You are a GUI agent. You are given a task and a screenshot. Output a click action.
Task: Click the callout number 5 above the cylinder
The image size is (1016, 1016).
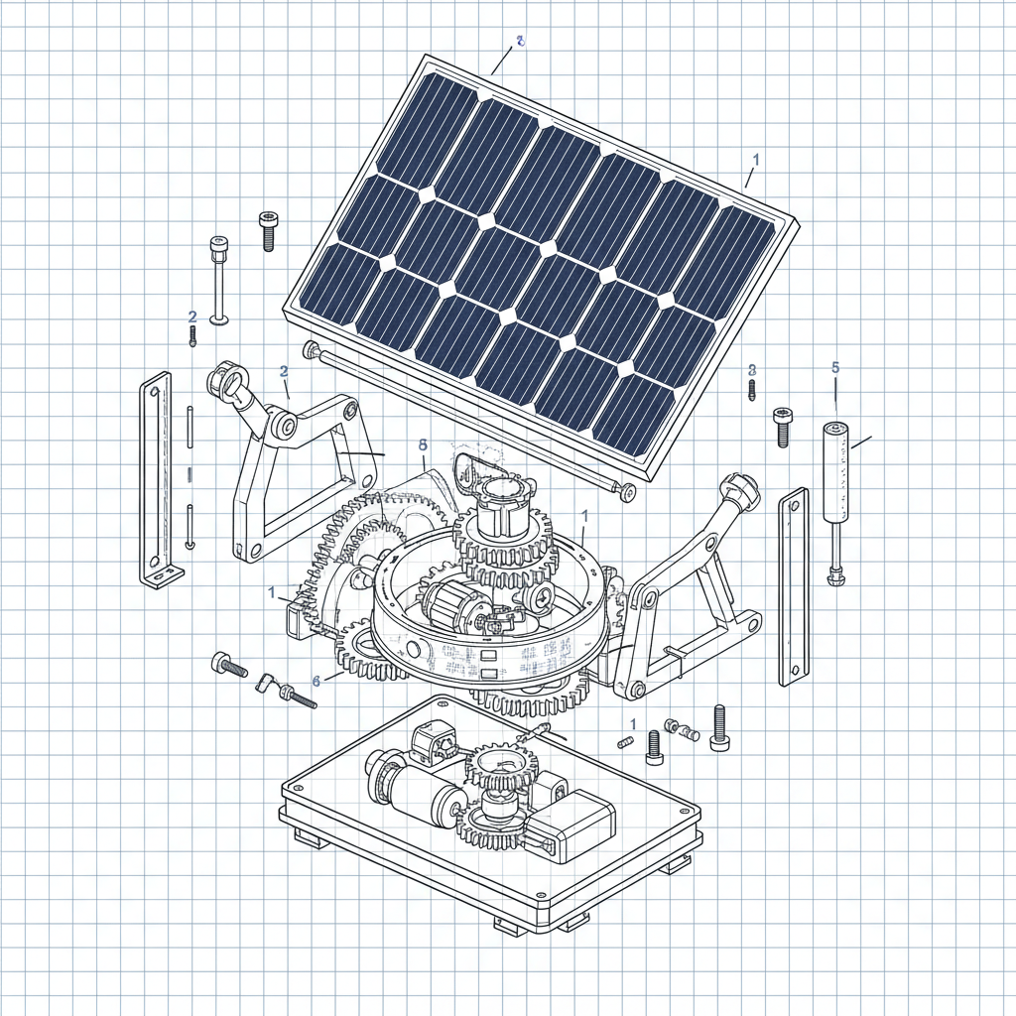tap(834, 367)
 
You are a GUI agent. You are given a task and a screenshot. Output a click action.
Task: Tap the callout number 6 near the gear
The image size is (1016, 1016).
tap(316, 681)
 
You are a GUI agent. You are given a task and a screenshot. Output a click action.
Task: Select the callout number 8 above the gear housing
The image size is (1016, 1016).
tap(423, 445)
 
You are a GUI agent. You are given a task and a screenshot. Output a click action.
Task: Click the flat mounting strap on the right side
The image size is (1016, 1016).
tap(793, 585)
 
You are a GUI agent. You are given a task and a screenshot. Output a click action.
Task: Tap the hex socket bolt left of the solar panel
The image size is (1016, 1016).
tap(267, 230)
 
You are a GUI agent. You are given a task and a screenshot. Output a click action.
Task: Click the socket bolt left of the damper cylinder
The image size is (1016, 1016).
tap(783, 426)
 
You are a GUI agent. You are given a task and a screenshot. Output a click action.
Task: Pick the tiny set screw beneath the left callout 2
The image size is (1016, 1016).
tap(192, 336)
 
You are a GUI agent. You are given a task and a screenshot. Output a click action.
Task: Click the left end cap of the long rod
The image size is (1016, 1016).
tap(312, 348)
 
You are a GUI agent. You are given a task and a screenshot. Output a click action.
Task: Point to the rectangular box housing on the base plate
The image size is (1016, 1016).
tap(570, 825)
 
